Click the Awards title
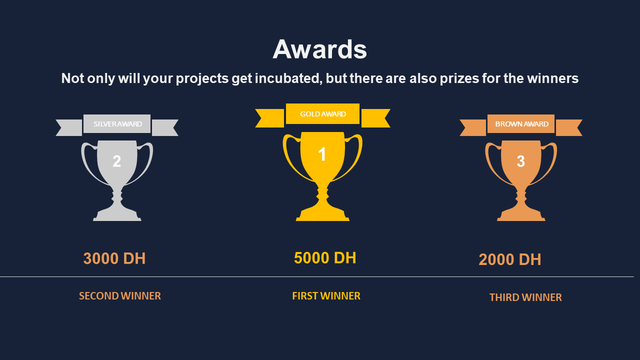(319, 49)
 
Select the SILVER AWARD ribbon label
(117, 124)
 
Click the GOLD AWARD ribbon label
(323, 114)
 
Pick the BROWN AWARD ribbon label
(521, 124)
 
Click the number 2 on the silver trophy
(116, 161)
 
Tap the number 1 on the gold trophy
(322, 154)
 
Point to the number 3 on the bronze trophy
(521, 161)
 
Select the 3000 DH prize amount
(114, 258)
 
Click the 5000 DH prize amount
(325, 257)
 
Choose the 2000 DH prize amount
(509, 259)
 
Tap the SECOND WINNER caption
(119, 296)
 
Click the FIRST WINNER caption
(326, 296)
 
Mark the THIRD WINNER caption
(525, 297)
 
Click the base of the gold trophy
(322, 215)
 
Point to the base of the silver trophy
(117, 215)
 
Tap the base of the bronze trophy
(521, 215)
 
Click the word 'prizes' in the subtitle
(459, 78)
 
